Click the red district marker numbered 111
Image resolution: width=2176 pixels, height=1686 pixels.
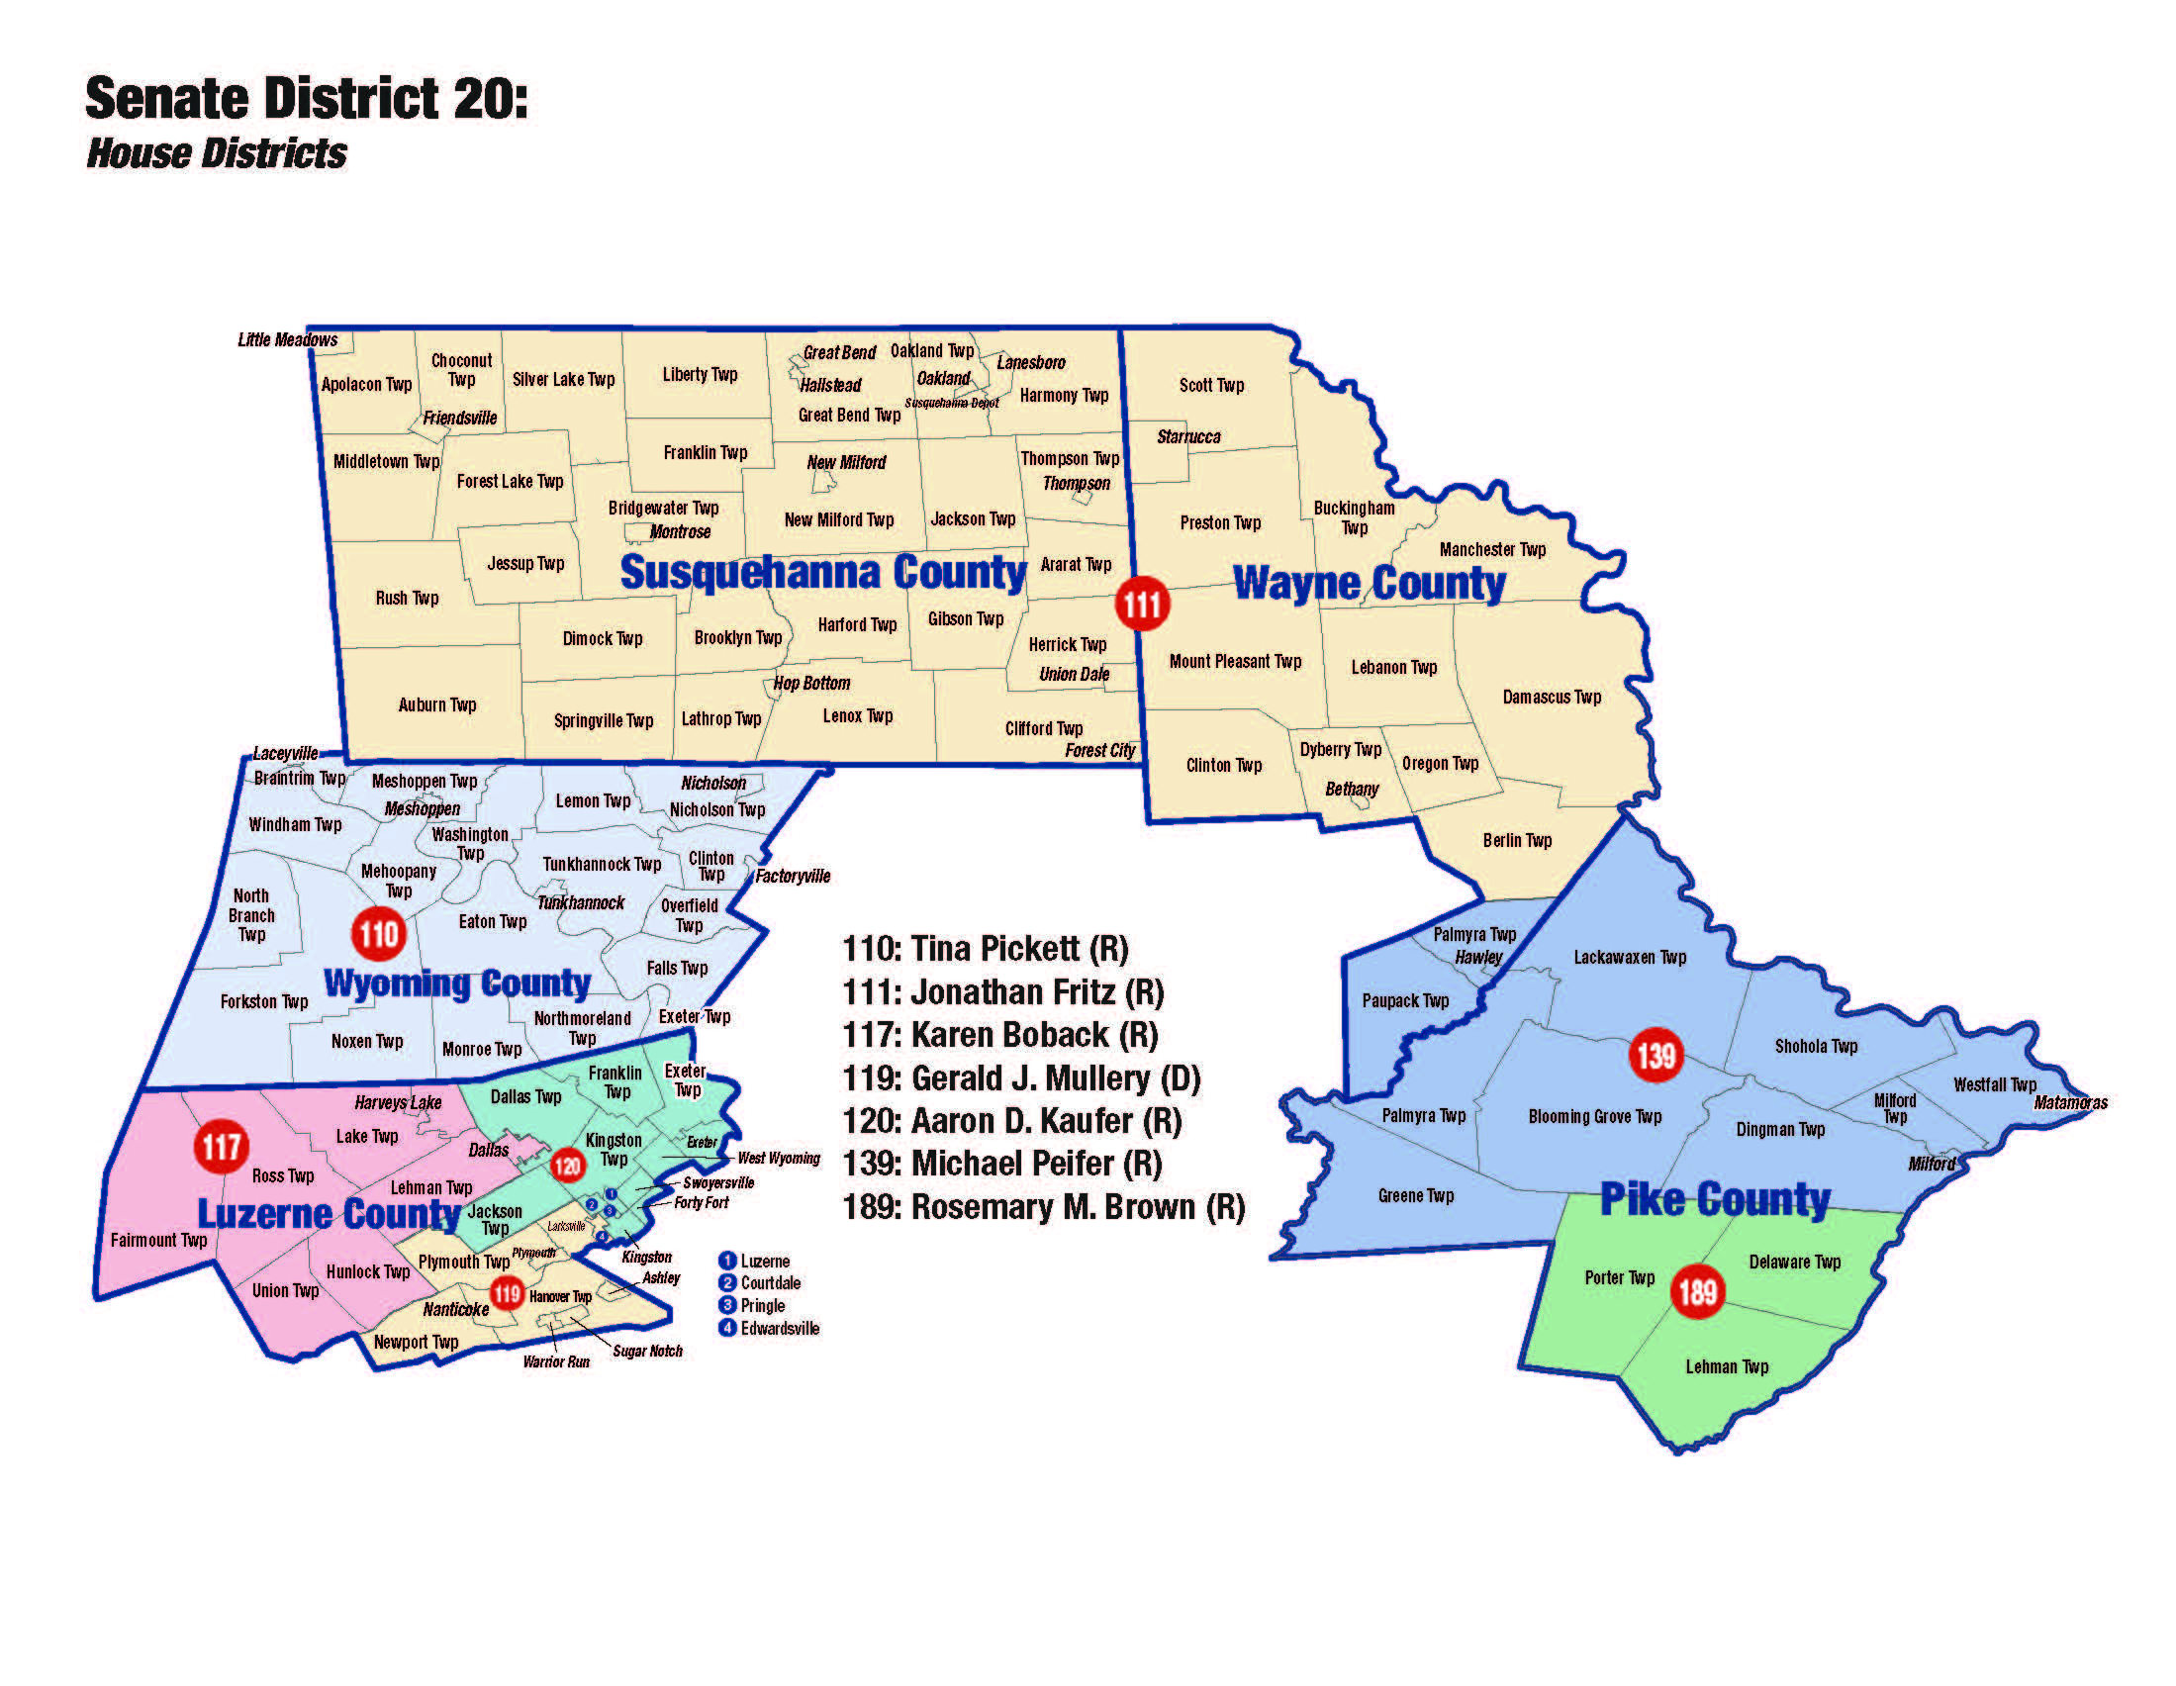1142,603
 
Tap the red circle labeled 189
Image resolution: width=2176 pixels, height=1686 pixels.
1697,1292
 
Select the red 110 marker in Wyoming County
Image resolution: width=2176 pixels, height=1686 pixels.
379,934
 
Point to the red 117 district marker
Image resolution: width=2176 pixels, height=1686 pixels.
222,1146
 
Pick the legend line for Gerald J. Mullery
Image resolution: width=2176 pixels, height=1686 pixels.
1021,1078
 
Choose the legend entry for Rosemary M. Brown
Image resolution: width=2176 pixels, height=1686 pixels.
1043,1207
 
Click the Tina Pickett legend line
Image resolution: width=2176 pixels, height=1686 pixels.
986,949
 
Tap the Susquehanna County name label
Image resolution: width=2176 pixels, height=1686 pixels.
822,572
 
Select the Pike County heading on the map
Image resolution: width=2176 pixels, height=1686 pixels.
1715,1199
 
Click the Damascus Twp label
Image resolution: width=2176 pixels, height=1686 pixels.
1552,698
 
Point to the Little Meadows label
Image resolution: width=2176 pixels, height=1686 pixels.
287,339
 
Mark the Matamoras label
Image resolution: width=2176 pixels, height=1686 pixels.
2070,1102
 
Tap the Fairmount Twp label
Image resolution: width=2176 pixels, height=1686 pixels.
158,1241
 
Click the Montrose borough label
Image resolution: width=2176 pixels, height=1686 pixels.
680,532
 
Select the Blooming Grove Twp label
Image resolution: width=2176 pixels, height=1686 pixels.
1594,1117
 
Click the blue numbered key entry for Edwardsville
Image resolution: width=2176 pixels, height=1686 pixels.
769,1328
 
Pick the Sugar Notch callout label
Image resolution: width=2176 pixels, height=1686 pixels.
646,1352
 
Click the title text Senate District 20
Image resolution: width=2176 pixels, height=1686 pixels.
306,99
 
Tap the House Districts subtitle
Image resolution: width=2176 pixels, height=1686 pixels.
216,153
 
